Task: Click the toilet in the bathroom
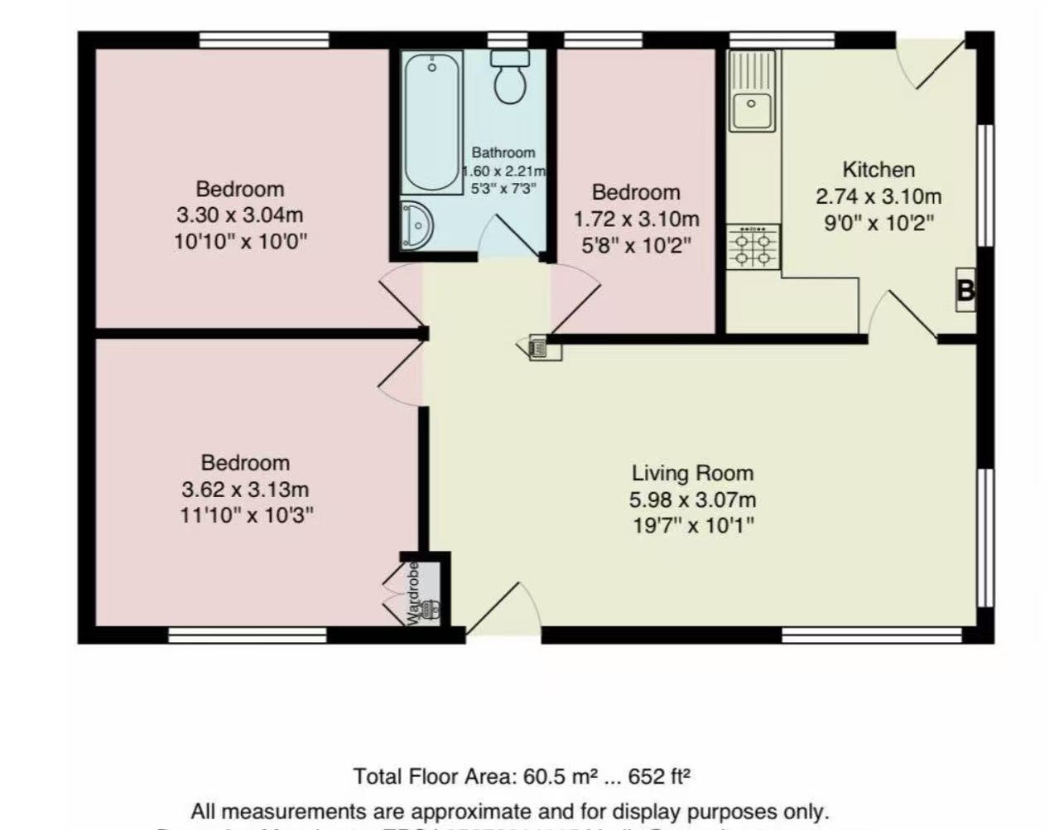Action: (x=510, y=76)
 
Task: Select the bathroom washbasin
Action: (x=416, y=224)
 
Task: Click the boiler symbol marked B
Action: (x=965, y=291)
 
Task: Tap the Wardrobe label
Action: (x=413, y=593)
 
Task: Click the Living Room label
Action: (x=692, y=473)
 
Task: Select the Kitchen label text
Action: (x=878, y=170)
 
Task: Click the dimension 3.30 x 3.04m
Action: (x=239, y=215)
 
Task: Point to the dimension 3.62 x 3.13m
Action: (x=245, y=489)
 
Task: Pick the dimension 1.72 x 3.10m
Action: (x=636, y=220)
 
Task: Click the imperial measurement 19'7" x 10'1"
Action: (x=693, y=526)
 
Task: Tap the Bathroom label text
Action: (x=503, y=152)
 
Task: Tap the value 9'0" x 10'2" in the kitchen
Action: (x=878, y=224)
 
